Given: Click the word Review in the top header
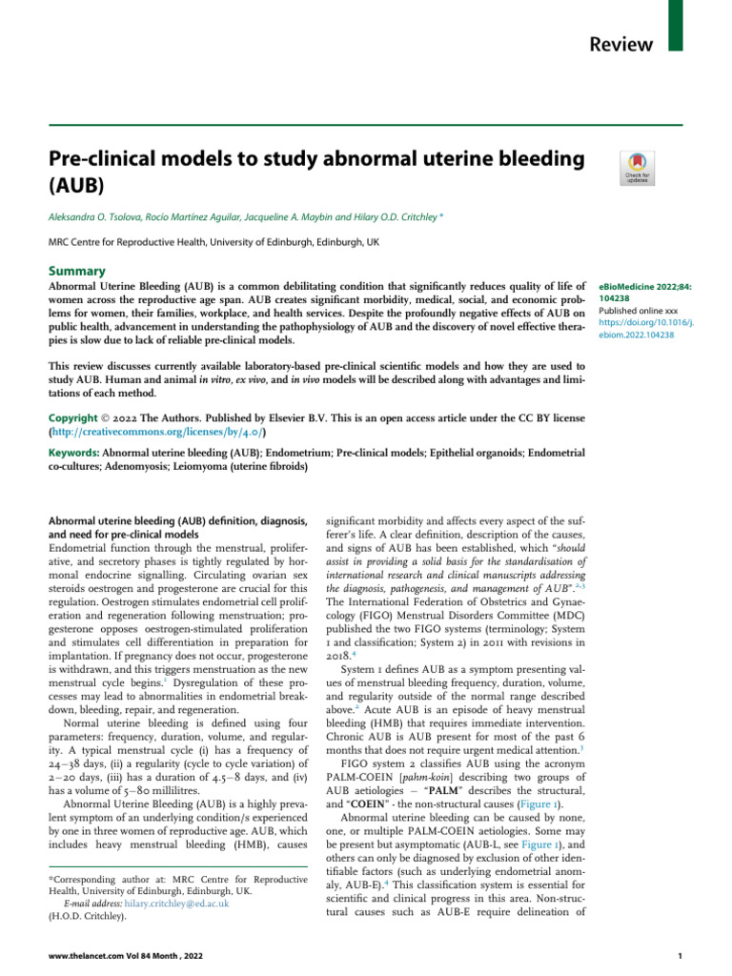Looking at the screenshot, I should [621, 44].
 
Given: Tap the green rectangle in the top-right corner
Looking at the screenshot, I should [676, 26].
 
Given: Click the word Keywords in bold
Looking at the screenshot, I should [73, 453].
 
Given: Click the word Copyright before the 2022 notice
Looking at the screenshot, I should [79, 417].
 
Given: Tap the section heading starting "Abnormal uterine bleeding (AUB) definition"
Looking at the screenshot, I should [177, 521].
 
